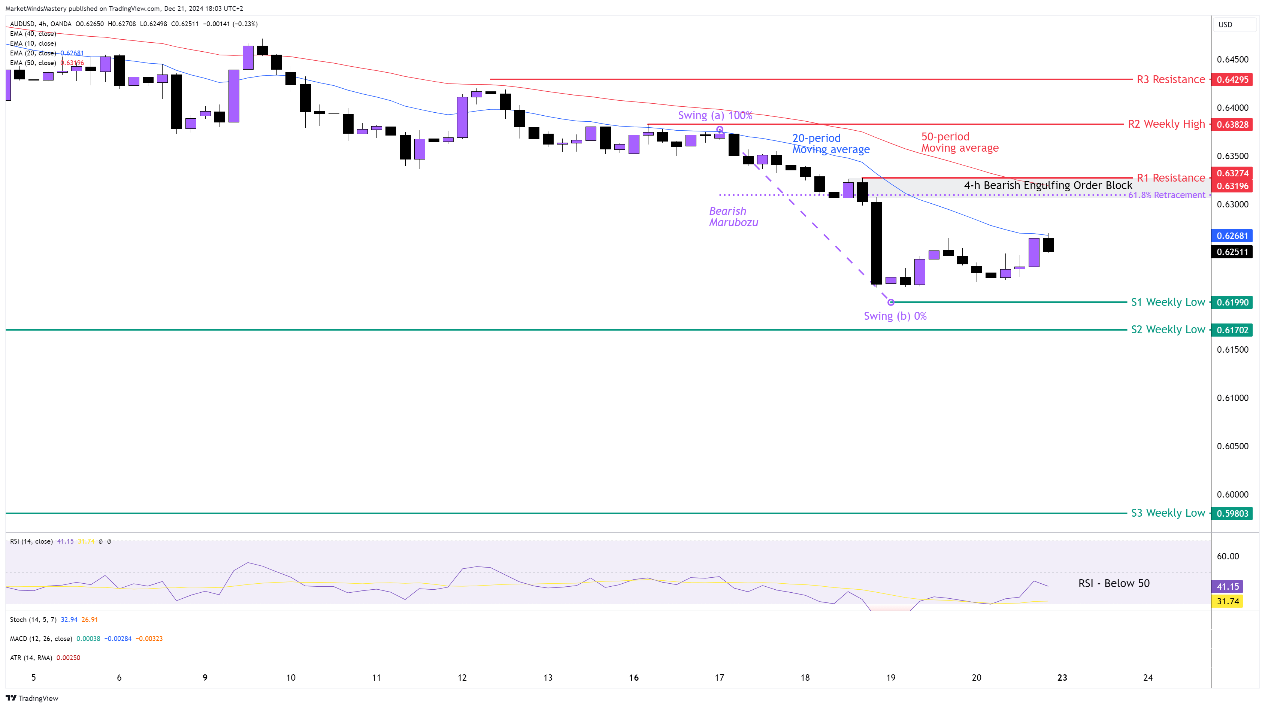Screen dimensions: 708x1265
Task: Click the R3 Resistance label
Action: point(1170,79)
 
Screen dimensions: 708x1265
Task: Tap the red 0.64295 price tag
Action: point(1232,79)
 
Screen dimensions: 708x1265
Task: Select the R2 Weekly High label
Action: point(1166,124)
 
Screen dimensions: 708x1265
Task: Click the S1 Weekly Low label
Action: point(1167,303)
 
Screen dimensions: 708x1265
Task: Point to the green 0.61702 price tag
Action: point(1232,330)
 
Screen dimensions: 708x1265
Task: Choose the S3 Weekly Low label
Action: point(1167,513)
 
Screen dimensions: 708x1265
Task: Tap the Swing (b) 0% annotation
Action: point(895,316)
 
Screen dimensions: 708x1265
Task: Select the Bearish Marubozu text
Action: point(733,216)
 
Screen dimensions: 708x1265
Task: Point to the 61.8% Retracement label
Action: point(1166,195)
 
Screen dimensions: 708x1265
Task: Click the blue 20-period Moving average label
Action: point(830,144)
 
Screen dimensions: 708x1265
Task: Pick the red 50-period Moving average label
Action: point(960,142)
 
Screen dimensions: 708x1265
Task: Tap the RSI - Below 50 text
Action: point(1113,583)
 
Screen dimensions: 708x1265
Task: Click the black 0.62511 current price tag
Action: point(1232,252)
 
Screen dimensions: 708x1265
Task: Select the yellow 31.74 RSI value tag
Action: point(1227,601)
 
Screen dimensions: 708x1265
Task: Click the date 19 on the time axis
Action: point(890,678)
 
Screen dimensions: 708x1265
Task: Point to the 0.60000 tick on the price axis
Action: point(1232,495)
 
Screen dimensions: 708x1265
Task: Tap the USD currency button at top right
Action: point(1225,25)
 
